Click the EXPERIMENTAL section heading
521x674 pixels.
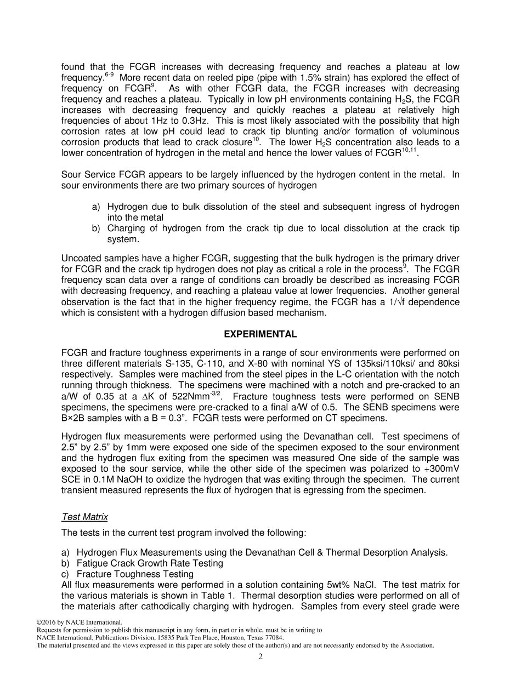(x=260, y=334)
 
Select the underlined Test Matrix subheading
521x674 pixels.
(x=84, y=517)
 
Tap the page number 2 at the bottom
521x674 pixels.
(x=260, y=657)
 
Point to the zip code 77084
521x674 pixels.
(x=274, y=638)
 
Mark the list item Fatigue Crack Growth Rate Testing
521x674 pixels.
(x=150, y=563)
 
